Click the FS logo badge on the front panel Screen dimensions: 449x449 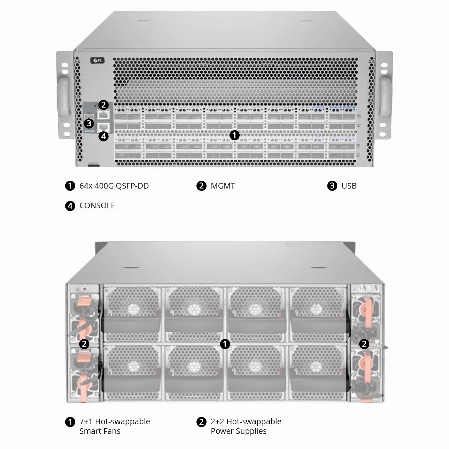(97, 60)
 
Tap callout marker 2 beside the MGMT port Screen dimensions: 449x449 (104, 105)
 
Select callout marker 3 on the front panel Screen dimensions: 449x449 (89, 123)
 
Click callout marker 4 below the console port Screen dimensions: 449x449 (104, 136)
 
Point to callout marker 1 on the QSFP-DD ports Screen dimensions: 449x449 (234, 135)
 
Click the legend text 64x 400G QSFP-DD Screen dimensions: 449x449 (114, 186)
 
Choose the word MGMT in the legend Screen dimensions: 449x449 (223, 186)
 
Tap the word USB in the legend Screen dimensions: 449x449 (349, 186)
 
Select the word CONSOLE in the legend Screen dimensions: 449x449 (97, 205)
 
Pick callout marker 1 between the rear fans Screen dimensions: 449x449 (225, 344)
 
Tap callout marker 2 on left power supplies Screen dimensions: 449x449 (84, 344)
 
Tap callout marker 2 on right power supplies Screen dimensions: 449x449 (364, 344)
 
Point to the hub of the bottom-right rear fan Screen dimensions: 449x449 (316, 366)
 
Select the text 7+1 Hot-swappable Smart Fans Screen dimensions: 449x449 (114, 426)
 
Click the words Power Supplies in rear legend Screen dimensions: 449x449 (239, 431)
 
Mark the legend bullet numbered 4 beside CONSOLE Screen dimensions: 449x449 (70, 206)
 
